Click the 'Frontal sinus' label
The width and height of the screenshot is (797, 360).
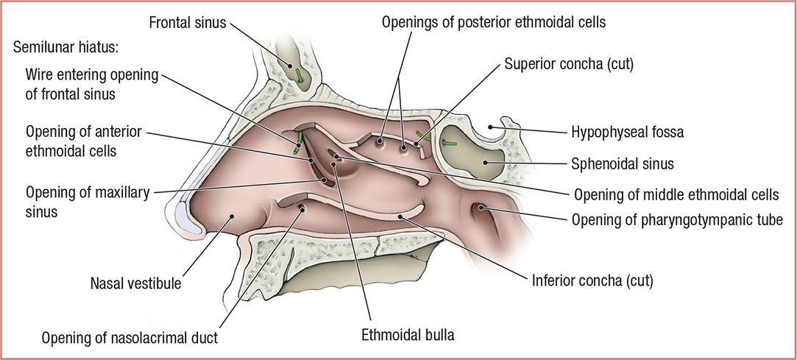(x=188, y=22)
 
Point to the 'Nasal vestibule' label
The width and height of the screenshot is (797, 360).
(x=137, y=282)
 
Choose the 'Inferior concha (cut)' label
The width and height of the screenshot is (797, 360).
(x=591, y=280)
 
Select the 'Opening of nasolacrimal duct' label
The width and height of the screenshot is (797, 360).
(x=130, y=338)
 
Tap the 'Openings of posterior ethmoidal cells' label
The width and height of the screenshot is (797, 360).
(x=493, y=23)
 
